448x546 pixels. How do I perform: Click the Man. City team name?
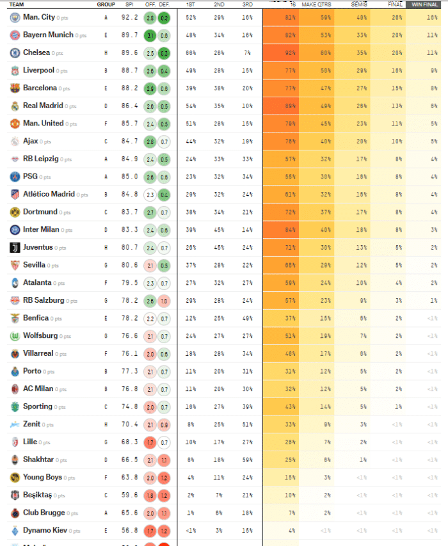click(x=38, y=17)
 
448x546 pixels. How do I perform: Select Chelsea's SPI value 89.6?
click(x=129, y=52)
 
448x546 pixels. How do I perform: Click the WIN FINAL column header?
click(x=424, y=4)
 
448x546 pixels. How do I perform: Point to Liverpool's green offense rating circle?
click(x=149, y=70)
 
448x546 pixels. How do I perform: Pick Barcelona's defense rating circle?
click(x=164, y=88)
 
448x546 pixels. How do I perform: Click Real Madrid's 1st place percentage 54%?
click(x=191, y=106)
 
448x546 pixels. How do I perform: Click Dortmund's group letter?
click(x=106, y=212)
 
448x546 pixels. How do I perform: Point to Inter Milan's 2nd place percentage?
click(x=219, y=230)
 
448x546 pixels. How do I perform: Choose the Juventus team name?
click(x=38, y=247)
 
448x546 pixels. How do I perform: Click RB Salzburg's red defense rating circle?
click(x=164, y=300)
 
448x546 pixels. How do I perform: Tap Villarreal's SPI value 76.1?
click(x=129, y=353)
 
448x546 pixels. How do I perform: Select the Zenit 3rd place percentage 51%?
click(x=247, y=424)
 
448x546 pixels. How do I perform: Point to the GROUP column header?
click(x=106, y=4)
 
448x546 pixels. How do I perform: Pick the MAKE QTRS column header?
click(x=316, y=4)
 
